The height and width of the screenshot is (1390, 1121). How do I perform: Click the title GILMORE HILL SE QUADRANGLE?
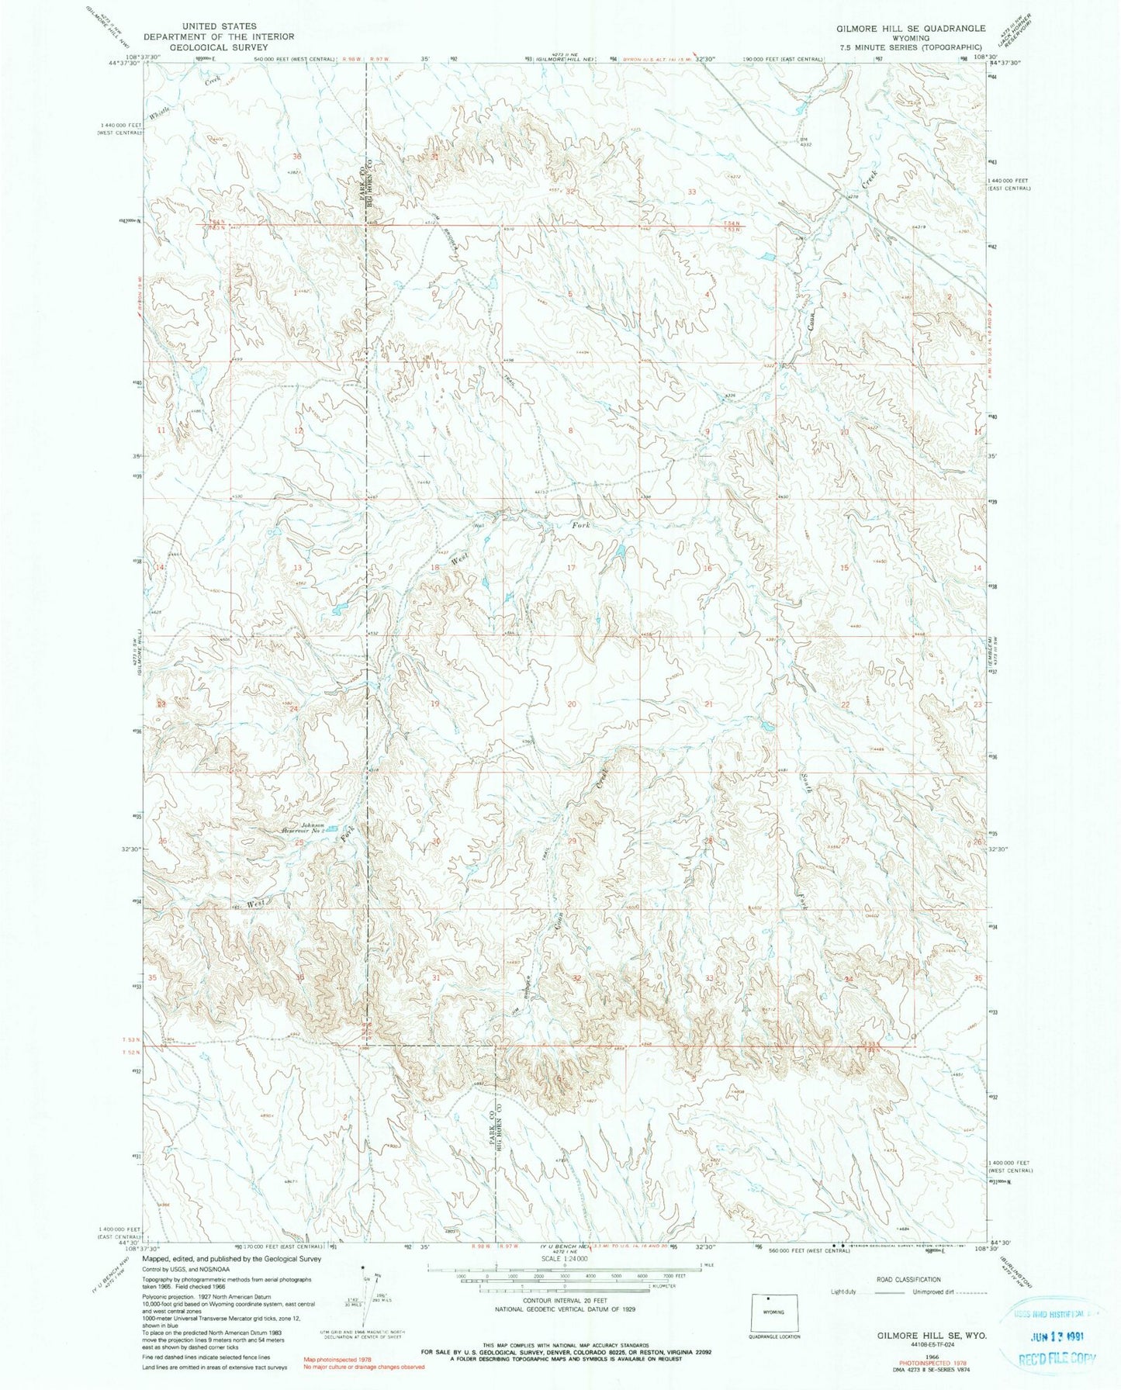(x=900, y=28)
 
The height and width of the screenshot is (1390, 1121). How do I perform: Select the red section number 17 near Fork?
(x=571, y=569)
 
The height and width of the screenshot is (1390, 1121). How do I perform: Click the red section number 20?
(x=572, y=704)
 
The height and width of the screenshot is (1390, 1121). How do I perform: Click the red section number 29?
(x=573, y=842)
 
